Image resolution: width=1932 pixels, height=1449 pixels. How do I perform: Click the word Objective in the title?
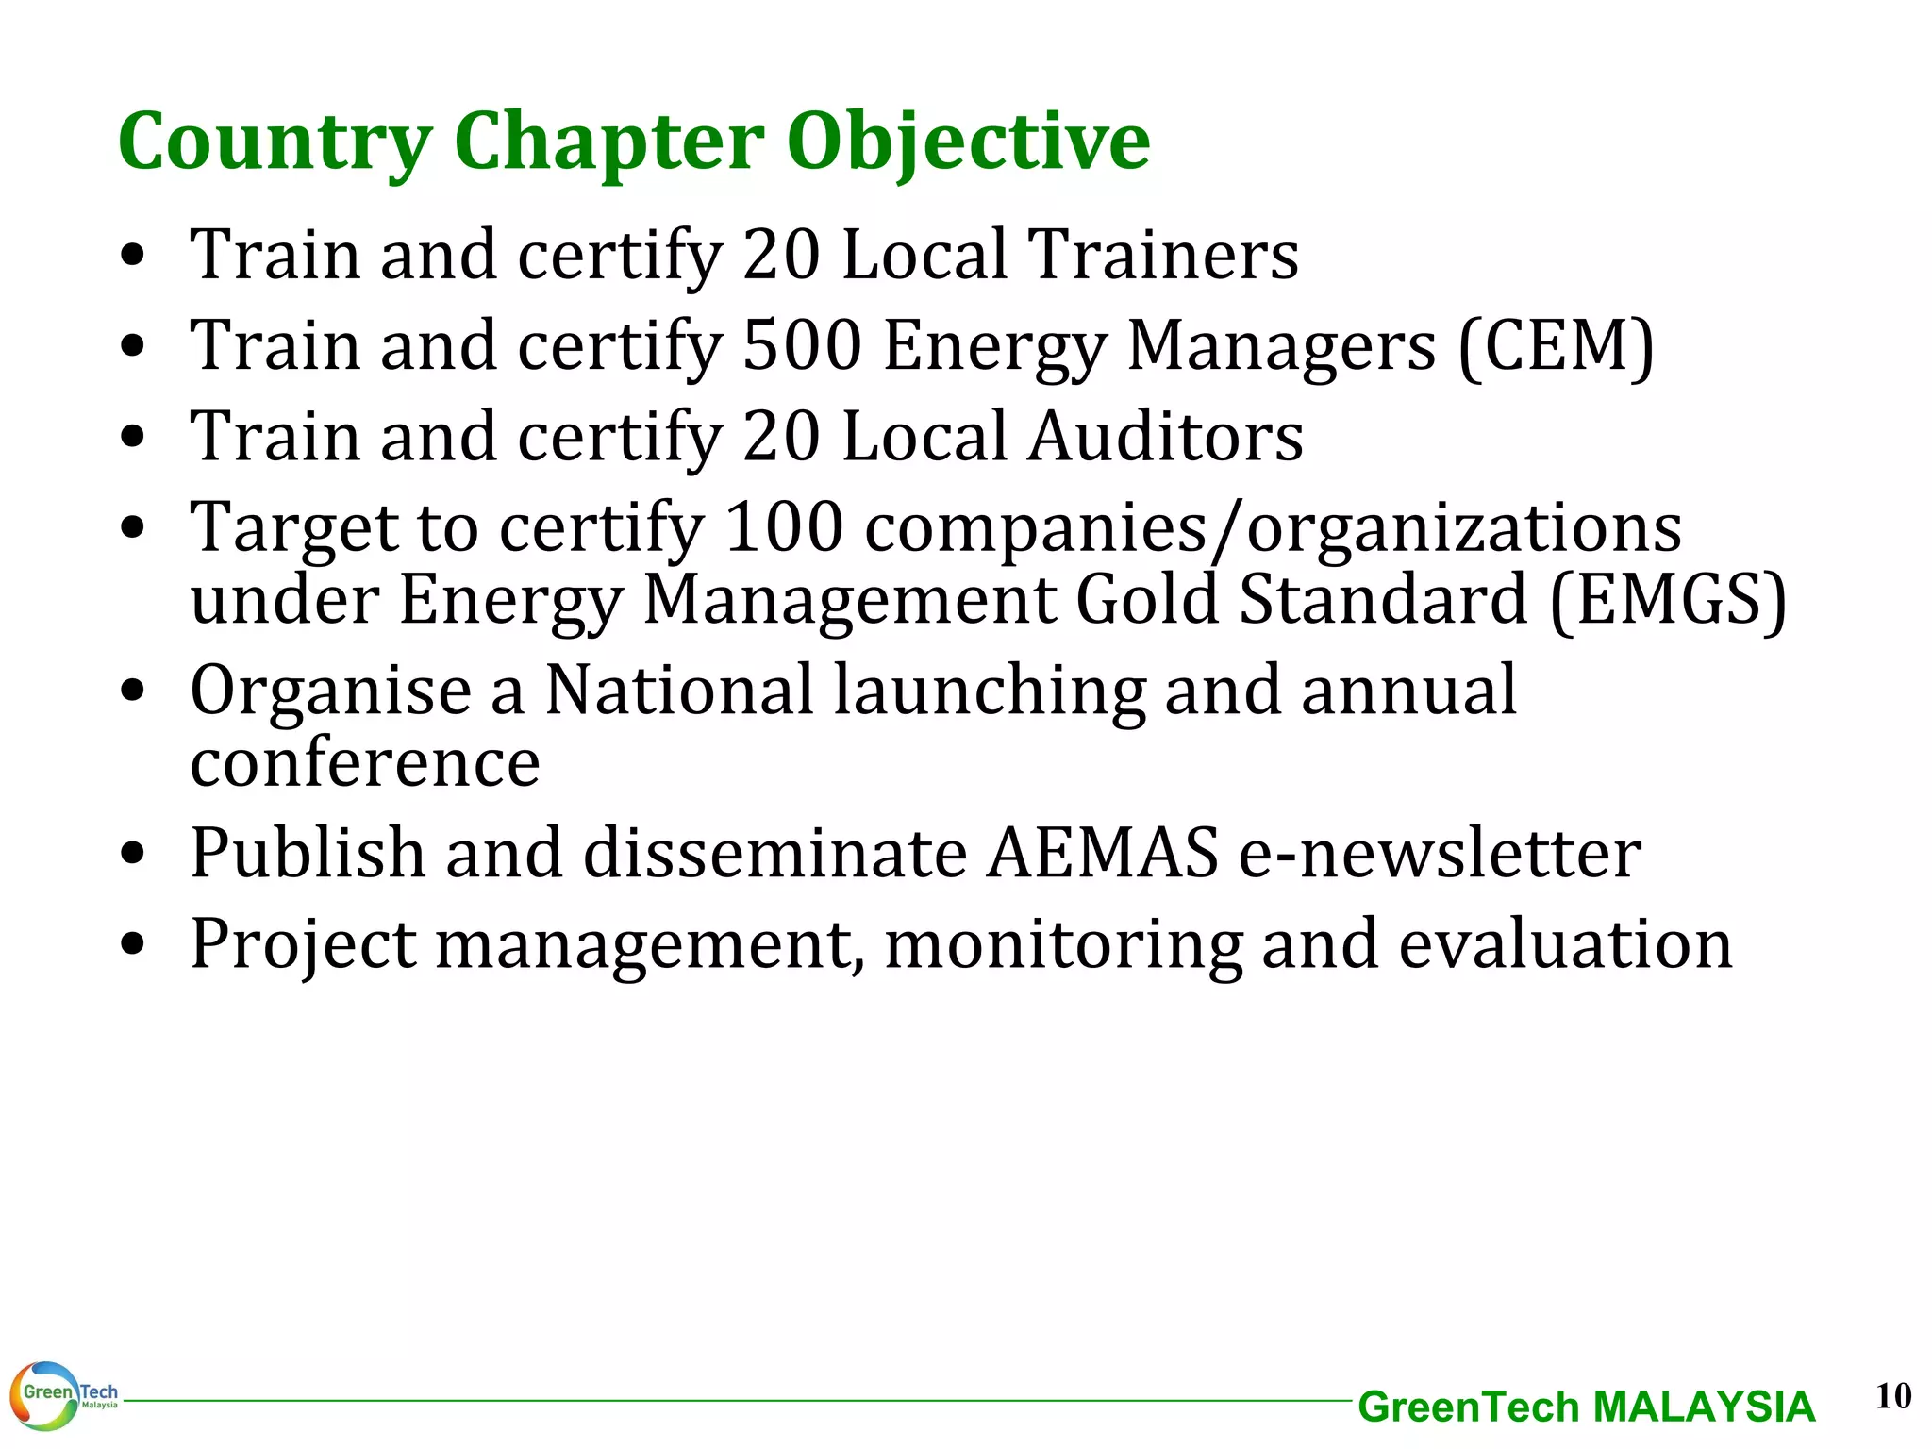[968, 142]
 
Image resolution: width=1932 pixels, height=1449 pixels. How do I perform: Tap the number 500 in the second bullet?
[802, 345]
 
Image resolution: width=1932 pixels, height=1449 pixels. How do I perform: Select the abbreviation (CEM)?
[1556, 347]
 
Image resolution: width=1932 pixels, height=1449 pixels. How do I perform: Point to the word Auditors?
[1165, 437]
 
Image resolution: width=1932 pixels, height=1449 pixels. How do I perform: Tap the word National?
[679, 690]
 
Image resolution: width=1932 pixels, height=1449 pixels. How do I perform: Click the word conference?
[365, 762]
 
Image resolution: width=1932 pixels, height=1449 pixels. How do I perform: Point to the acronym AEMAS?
[1103, 853]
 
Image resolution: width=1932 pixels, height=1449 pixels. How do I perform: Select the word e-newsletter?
[1440, 853]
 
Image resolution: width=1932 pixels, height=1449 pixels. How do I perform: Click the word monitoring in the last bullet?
[1063, 944]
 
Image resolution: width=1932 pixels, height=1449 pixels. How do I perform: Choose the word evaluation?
[1565, 944]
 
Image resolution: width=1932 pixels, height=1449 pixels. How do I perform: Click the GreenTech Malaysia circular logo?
[45, 1395]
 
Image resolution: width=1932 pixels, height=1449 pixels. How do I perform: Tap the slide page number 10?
[1893, 1395]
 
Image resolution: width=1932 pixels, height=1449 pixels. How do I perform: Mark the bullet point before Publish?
[133, 854]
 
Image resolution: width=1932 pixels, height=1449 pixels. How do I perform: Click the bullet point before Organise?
[133, 691]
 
